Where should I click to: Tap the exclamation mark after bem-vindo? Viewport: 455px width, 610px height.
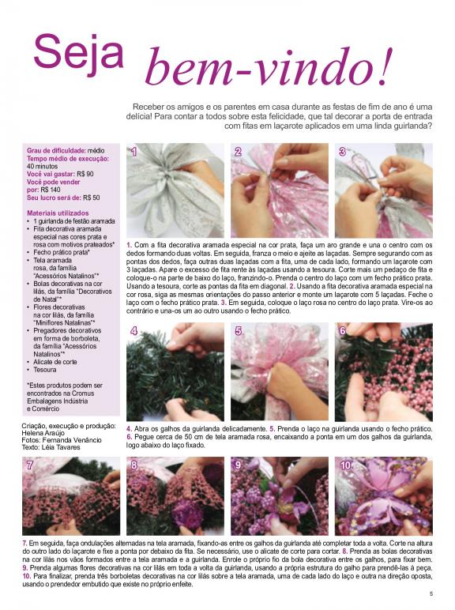pyautogui.click(x=382, y=66)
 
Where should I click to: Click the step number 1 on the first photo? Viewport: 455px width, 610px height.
pyautogui.click(x=134, y=152)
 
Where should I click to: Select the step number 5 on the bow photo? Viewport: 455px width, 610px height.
pyautogui.click(x=239, y=330)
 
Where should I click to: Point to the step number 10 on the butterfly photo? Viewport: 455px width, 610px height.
pyautogui.click(x=345, y=465)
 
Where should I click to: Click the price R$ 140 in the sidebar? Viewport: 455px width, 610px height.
pyautogui.click(x=51, y=190)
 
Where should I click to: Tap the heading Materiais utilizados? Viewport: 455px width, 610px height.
pyautogui.click(x=58, y=213)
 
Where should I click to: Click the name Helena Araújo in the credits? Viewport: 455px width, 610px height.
pyautogui.click(x=43, y=433)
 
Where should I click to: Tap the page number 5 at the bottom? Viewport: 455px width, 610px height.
pyautogui.click(x=431, y=593)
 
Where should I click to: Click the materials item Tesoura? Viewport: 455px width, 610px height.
pyautogui.click(x=45, y=370)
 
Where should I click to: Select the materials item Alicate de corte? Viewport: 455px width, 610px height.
pyautogui.click(x=55, y=362)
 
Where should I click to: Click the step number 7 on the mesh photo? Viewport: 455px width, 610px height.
pyautogui.click(x=30, y=465)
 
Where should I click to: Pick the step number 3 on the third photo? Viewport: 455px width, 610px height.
pyautogui.click(x=342, y=152)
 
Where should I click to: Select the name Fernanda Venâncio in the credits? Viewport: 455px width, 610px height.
pyautogui.click(x=72, y=440)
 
